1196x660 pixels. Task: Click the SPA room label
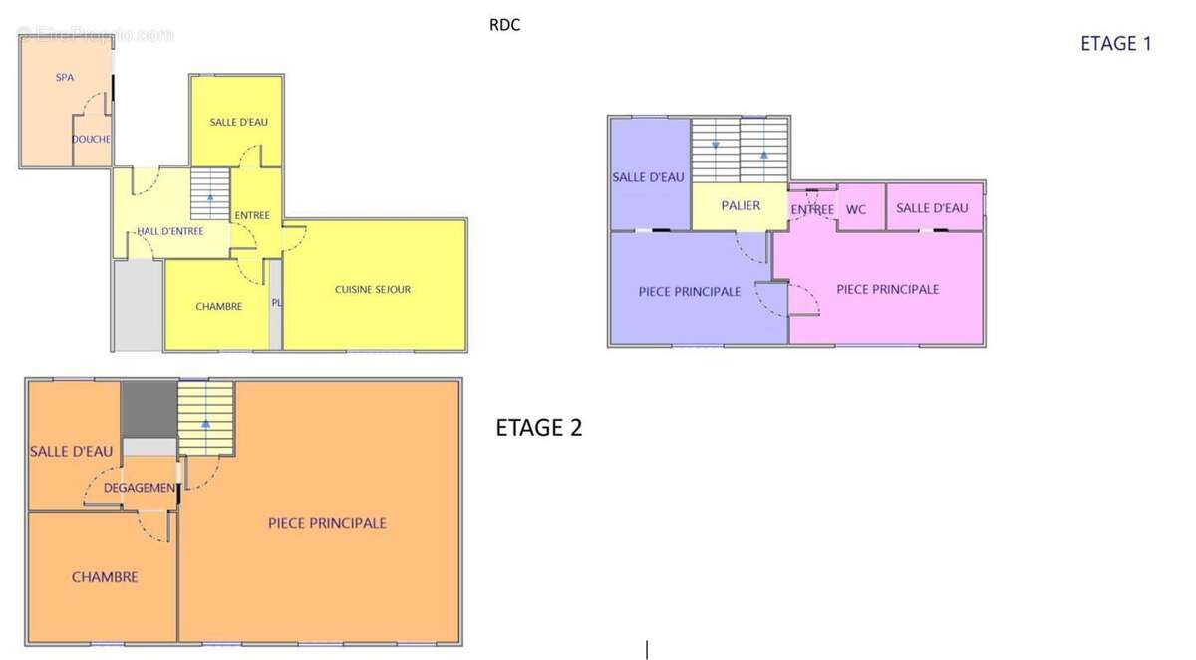pyautogui.click(x=65, y=77)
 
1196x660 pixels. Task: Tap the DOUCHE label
pyautogui.click(x=91, y=139)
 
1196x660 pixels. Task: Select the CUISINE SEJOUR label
pyautogui.click(x=373, y=289)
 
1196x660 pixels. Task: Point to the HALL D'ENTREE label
pyautogui.click(x=170, y=231)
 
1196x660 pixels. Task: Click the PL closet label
pyautogui.click(x=276, y=303)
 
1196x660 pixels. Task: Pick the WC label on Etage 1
pyautogui.click(x=856, y=209)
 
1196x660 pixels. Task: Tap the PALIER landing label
pyautogui.click(x=741, y=205)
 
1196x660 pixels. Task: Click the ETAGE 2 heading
pyautogui.click(x=539, y=427)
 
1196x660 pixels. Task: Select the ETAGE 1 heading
pyautogui.click(x=1116, y=43)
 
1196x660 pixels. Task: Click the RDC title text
pyautogui.click(x=504, y=25)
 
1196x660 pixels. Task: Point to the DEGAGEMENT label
pyautogui.click(x=140, y=488)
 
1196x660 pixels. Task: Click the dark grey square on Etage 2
pyautogui.click(x=149, y=409)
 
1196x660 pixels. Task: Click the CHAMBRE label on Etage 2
pyautogui.click(x=105, y=577)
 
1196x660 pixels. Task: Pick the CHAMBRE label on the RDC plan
pyautogui.click(x=219, y=306)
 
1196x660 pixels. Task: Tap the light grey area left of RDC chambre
pyautogui.click(x=139, y=305)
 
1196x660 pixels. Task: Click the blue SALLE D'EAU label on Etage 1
pyautogui.click(x=648, y=177)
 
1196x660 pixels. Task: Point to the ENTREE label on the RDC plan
pyautogui.click(x=252, y=215)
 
